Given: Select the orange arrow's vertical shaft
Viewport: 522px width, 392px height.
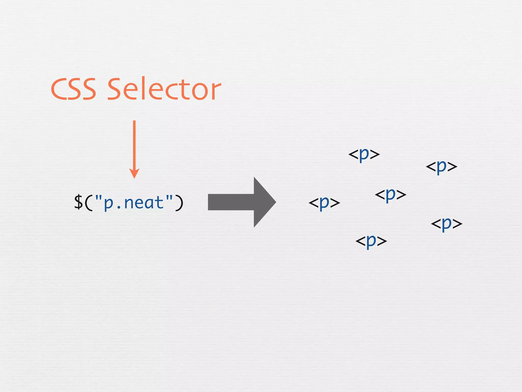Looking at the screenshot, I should click(134, 145).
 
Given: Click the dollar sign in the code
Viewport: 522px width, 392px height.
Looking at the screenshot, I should click(79, 202).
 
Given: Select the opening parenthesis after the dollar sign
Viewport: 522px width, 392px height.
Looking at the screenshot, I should click(88, 203).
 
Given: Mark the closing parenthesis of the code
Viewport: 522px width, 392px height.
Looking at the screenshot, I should click(179, 203).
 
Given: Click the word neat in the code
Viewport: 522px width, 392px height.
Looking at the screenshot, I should click(144, 203).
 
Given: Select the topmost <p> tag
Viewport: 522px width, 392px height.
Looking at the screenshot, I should click(364, 154).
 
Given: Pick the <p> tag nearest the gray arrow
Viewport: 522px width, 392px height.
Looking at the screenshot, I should click(324, 203).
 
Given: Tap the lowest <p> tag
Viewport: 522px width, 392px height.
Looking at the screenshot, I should click(371, 241).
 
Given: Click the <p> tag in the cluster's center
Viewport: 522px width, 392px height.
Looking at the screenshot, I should click(390, 195).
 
